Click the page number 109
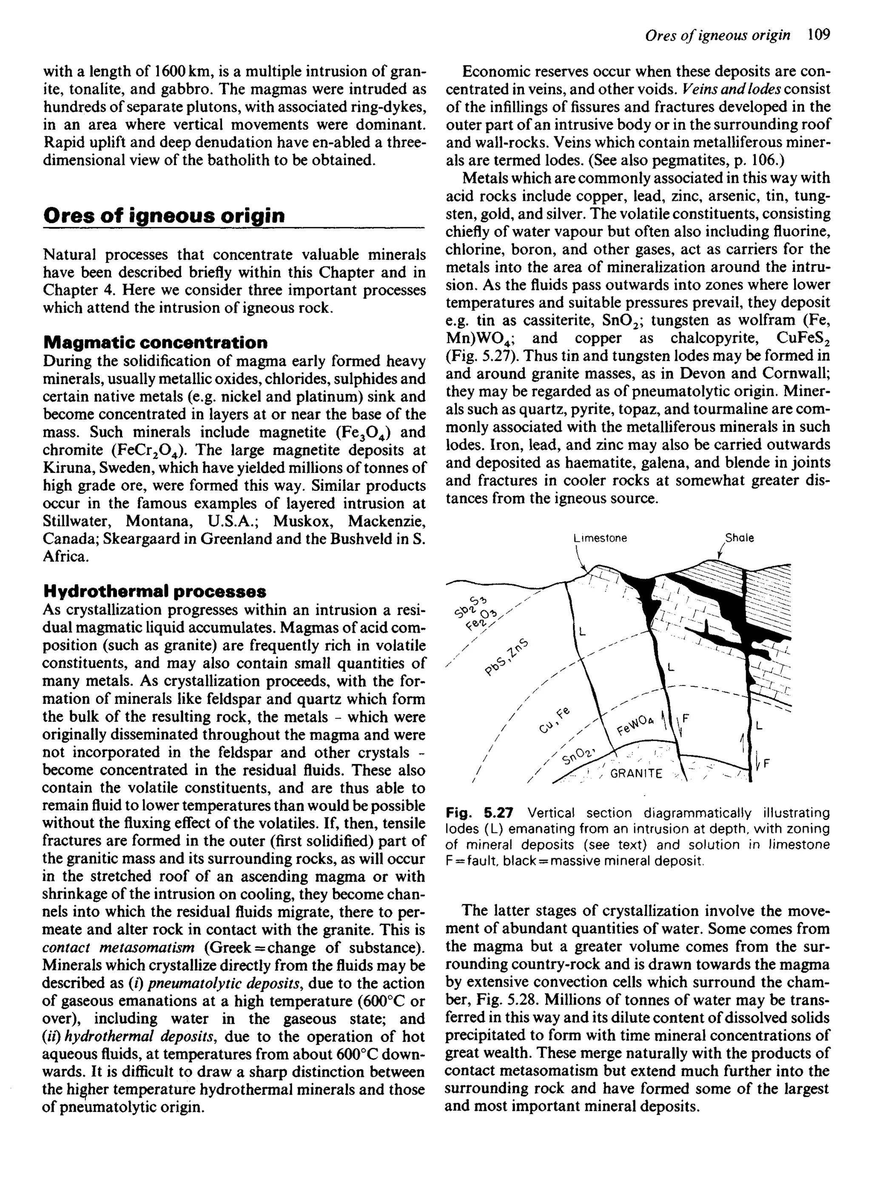818,35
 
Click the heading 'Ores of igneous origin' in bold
164,215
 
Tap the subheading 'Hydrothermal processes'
154,592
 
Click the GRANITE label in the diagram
636,774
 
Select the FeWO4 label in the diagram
635,725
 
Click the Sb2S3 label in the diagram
471,605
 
